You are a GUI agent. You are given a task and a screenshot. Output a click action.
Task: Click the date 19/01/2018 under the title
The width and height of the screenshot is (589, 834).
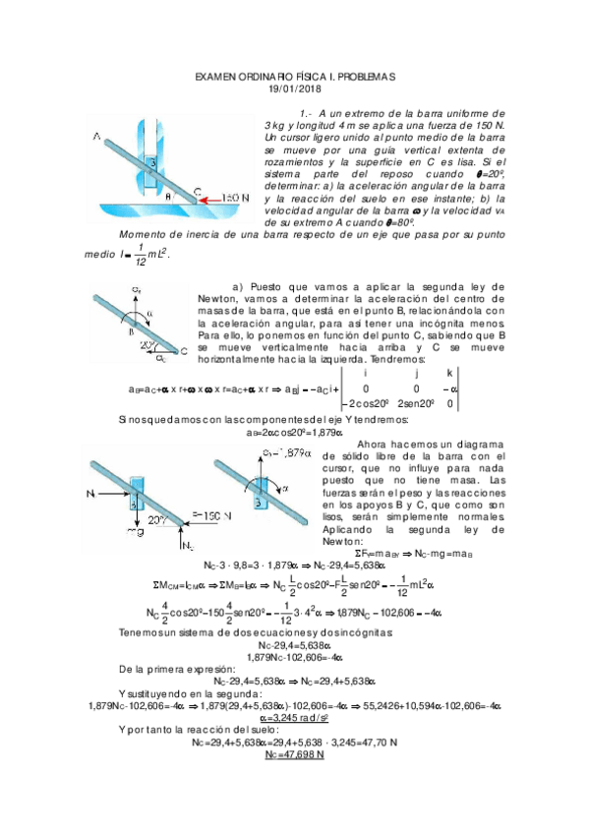[x=295, y=90]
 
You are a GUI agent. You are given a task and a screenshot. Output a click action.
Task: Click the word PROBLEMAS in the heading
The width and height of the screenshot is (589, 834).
[x=359, y=76]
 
